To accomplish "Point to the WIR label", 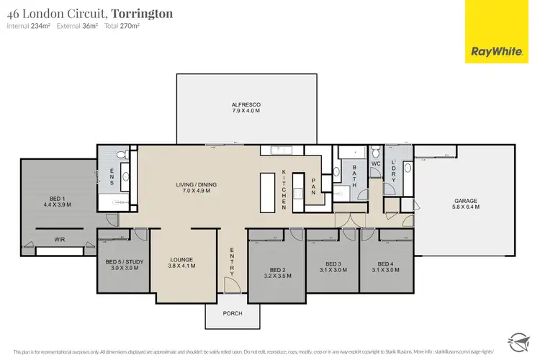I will pyautogui.click(x=60, y=240).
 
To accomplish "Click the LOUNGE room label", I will pyautogui.click(x=182, y=262).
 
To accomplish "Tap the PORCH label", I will pyautogui.click(x=232, y=314).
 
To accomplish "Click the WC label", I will pyautogui.click(x=374, y=164).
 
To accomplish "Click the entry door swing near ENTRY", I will pyautogui.click(x=232, y=286).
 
